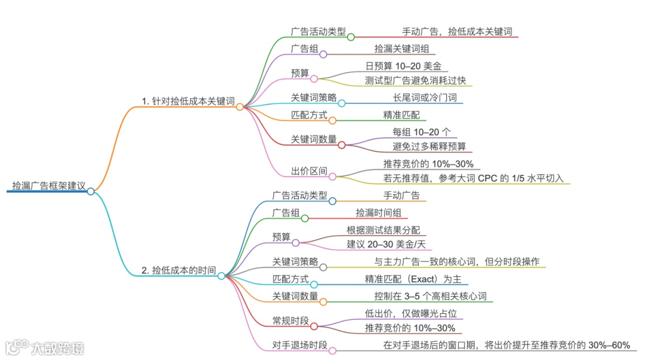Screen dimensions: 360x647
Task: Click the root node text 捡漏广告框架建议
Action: click(49, 185)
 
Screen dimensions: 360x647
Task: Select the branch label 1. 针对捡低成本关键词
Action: click(188, 101)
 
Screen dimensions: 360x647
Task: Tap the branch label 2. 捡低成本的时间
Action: click(179, 270)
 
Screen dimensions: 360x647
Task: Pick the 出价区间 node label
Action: click(309, 171)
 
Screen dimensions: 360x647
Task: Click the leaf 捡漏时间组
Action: click(381, 212)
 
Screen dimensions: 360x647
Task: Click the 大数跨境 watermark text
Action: click(58, 347)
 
